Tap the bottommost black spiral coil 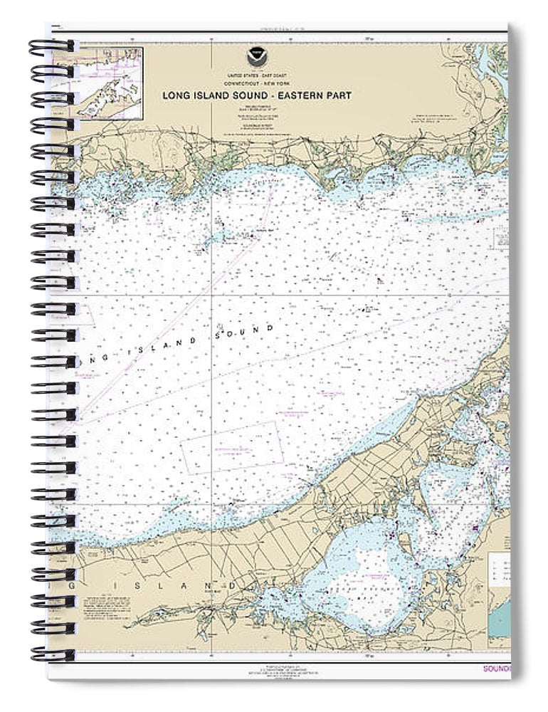click(x=51, y=652)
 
